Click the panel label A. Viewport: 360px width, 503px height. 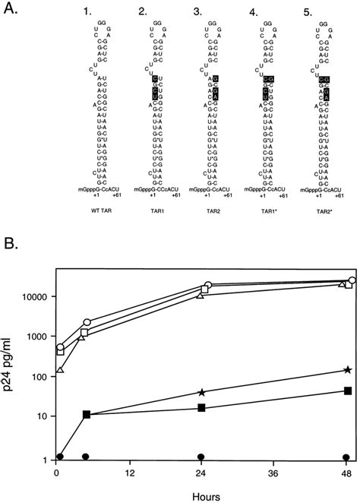coord(11,9)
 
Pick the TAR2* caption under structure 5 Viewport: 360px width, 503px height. coord(325,226)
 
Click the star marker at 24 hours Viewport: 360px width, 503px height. coord(201,392)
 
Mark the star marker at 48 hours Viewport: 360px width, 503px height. coord(347,369)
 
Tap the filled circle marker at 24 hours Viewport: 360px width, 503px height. coord(201,457)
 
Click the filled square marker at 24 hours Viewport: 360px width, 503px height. coord(201,408)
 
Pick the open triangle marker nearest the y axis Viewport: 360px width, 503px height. coord(60,370)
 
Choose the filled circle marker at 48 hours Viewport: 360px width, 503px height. coord(347,457)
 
